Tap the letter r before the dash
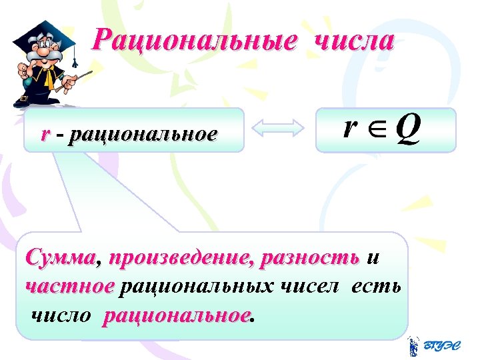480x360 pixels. (45, 135)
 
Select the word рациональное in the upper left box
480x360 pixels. (142, 135)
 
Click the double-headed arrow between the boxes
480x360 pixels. (280, 130)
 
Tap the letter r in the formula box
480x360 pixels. (349, 127)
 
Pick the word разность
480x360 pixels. (311, 257)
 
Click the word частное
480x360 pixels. (69, 287)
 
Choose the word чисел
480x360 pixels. (310, 287)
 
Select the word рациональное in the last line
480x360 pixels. (177, 315)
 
